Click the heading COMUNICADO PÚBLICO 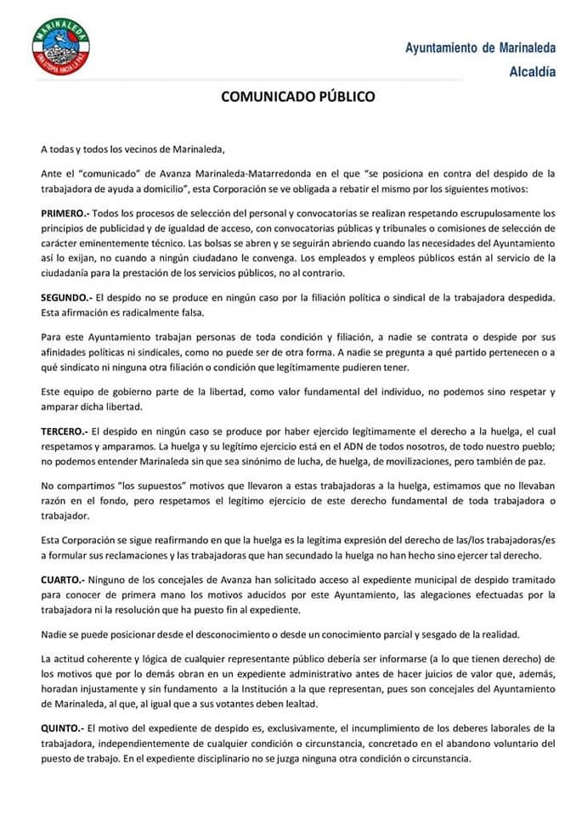pos(297,97)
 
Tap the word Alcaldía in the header pos(533,72)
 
